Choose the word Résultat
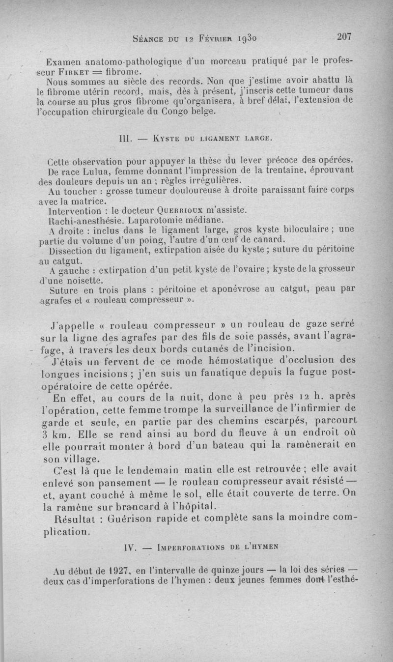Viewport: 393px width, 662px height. pyautogui.click(x=78, y=518)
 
